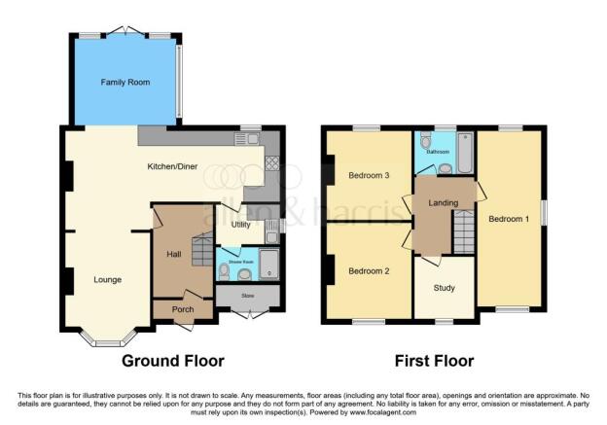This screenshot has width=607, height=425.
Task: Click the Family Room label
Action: tap(125, 83)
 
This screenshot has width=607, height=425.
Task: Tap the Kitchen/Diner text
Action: tap(172, 167)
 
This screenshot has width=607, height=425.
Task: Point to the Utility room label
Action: tap(241, 225)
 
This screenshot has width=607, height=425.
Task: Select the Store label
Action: tap(247, 296)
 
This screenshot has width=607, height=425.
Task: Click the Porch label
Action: tap(183, 310)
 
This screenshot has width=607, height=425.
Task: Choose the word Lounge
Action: tap(107, 280)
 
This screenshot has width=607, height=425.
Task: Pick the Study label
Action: tap(443, 288)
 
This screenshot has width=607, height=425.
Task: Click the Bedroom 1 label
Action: tap(509, 218)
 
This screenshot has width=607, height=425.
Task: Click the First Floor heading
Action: tap(434, 361)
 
